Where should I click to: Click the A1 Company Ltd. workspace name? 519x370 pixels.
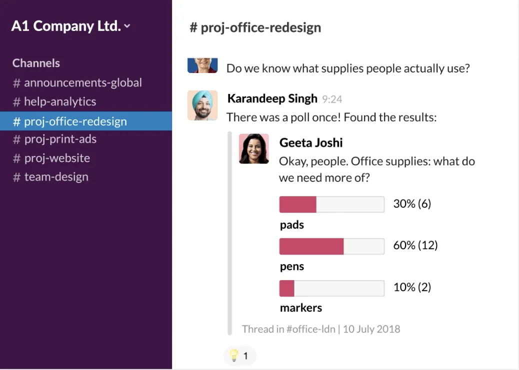[x=66, y=26]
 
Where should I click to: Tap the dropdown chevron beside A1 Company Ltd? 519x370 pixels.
[x=127, y=26]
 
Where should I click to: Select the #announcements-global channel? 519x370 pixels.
[x=77, y=82]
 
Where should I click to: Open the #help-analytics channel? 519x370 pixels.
[x=54, y=101]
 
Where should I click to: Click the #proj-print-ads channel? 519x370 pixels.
[x=54, y=139]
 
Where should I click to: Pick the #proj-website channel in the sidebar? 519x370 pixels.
[x=51, y=158]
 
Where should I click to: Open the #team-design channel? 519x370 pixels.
[x=50, y=177]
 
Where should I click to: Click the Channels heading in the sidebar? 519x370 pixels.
[x=36, y=63]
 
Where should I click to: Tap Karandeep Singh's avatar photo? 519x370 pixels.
[x=202, y=105]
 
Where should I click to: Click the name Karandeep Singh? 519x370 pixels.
[x=272, y=98]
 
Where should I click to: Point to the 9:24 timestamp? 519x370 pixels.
[x=332, y=99]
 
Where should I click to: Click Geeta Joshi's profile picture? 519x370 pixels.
[x=254, y=148]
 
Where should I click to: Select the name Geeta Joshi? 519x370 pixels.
[x=311, y=142]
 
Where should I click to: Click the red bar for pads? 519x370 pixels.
[x=298, y=204]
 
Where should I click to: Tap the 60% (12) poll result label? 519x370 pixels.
[x=415, y=245]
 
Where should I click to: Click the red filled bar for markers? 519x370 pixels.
[x=286, y=288]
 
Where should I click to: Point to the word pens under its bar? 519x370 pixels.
[x=292, y=266]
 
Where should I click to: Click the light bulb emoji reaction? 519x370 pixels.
[x=233, y=355]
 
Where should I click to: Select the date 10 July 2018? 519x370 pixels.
[x=371, y=329]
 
